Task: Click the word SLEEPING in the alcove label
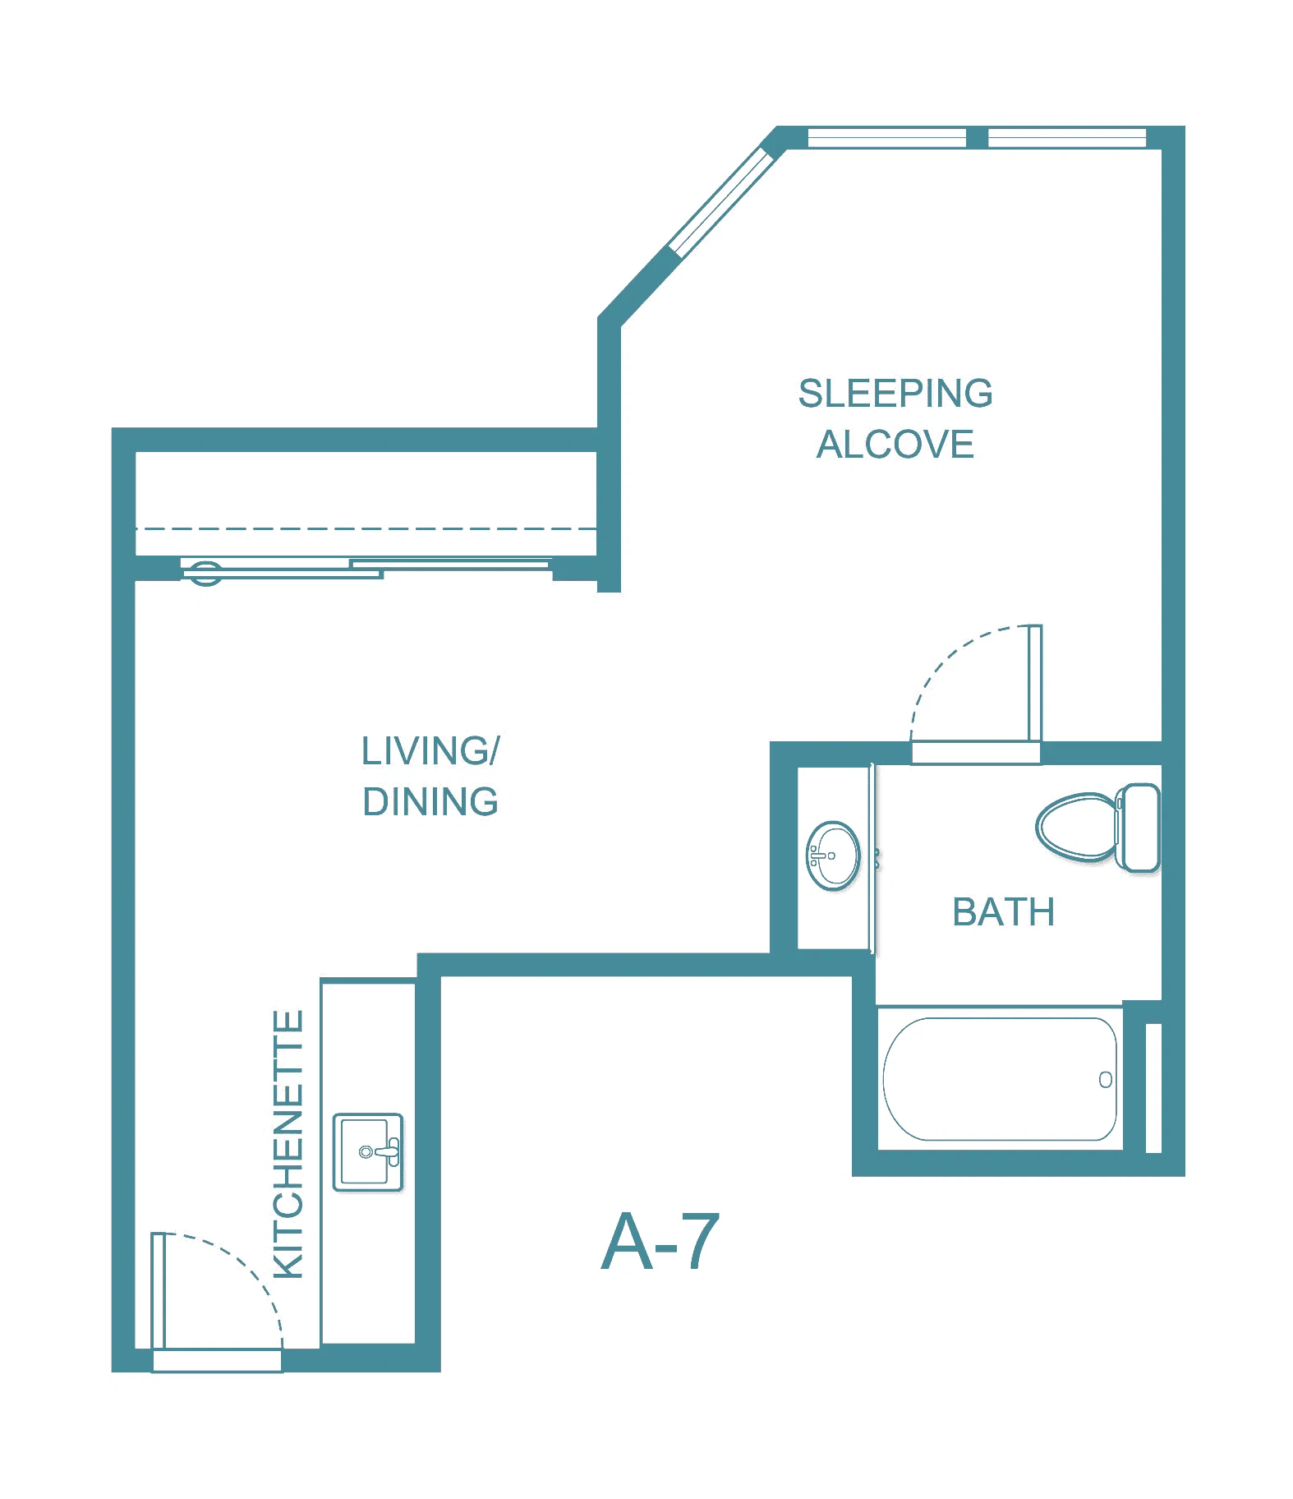(x=895, y=394)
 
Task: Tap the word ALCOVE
(x=895, y=445)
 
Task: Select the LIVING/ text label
(x=430, y=750)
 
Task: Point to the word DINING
(x=430, y=801)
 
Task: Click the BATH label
(x=1004, y=912)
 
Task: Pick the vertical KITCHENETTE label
(x=288, y=1144)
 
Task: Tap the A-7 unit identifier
(x=661, y=1241)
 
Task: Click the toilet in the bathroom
(x=1097, y=827)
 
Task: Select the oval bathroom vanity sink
(x=833, y=856)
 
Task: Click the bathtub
(x=1000, y=1079)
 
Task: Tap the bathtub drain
(x=1106, y=1080)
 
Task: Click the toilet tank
(x=1139, y=828)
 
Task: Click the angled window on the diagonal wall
(x=722, y=201)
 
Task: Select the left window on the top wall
(x=887, y=137)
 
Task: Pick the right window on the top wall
(x=1067, y=137)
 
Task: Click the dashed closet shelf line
(x=366, y=528)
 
